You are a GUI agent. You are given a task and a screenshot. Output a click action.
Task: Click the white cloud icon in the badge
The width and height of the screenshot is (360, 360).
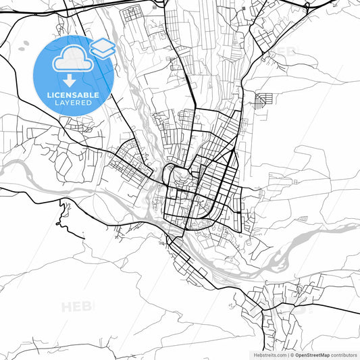point(70,60)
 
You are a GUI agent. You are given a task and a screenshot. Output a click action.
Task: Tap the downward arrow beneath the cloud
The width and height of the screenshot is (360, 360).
point(70,82)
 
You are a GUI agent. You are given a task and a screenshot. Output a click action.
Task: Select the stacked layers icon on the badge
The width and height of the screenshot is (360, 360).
point(102,48)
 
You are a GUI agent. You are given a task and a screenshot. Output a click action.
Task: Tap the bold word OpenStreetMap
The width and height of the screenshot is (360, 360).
point(312,354)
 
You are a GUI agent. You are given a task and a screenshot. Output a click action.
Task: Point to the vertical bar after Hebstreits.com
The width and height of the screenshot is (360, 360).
point(288,354)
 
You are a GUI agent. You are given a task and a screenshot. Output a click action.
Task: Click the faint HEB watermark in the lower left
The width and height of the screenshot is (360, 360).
point(78,307)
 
